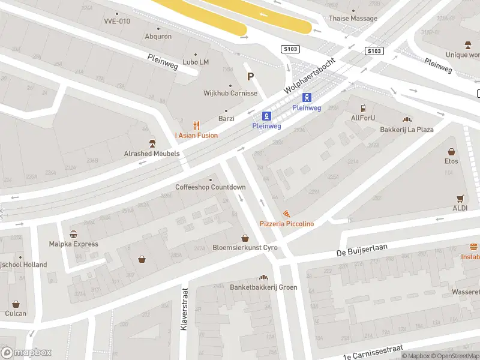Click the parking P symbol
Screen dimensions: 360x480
[x=251, y=76]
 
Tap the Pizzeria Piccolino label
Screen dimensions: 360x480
[x=286, y=224]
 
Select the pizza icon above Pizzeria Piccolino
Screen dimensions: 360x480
[x=286, y=214]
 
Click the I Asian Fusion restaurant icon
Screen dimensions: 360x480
[x=196, y=125]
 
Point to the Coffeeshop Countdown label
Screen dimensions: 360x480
[x=210, y=187]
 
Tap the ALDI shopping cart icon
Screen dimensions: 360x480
[x=461, y=198]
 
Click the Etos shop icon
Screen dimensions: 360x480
[x=451, y=152]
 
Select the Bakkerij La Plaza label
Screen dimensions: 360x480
[x=407, y=130]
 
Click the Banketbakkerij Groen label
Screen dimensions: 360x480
[x=263, y=287]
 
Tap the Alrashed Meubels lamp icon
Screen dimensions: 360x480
[x=152, y=143]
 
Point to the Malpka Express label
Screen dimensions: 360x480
[x=73, y=244]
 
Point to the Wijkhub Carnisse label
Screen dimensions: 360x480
[x=230, y=93]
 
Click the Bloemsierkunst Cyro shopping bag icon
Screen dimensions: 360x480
[x=244, y=239]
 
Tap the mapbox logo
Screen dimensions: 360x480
[x=26, y=353]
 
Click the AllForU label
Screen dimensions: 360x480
[x=363, y=118]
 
